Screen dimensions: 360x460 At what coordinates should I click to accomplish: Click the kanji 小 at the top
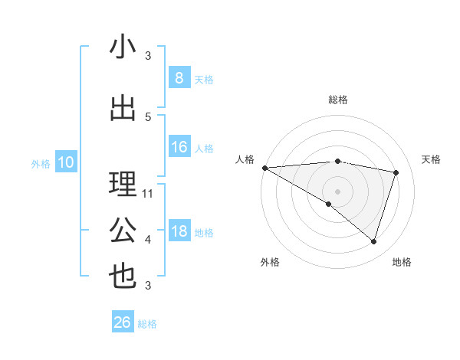pyautogui.click(x=123, y=47)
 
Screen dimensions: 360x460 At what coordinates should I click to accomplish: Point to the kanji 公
pyautogui.click(x=123, y=231)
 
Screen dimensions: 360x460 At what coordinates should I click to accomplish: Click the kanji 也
pyautogui.click(x=123, y=276)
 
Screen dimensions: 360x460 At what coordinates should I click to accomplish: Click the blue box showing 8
pyautogui.click(x=179, y=78)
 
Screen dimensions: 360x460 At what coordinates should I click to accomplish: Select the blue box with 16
pyautogui.click(x=179, y=147)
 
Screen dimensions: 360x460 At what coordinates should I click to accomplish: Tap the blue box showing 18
pyautogui.click(x=179, y=232)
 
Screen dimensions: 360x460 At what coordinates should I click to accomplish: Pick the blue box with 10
pyautogui.click(x=65, y=162)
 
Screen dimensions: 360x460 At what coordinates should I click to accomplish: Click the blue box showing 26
pyautogui.click(x=122, y=322)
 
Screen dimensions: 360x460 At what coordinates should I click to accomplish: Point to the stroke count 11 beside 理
pyautogui.click(x=148, y=194)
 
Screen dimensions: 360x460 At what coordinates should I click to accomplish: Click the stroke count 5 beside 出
pyautogui.click(x=148, y=116)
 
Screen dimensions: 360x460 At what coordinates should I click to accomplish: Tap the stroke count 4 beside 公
pyautogui.click(x=148, y=240)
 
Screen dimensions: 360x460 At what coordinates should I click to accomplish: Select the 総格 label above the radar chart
pyautogui.click(x=337, y=100)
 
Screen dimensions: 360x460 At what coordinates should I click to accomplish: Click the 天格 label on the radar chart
pyautogui.click(x=431, y=159)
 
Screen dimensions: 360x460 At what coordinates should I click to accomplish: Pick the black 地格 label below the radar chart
pyautogui.click(x=402, y=262)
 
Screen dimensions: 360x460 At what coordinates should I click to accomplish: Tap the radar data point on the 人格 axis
pyautogui.click(x=264, y=168)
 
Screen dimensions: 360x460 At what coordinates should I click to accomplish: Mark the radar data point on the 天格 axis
pyautogui.click(x=396, y=172)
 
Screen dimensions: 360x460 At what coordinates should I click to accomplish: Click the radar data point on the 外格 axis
pyautogui.click(x=329, y=204)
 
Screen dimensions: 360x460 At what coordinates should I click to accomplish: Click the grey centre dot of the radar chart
pyautogui.click(x=337, y=190)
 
